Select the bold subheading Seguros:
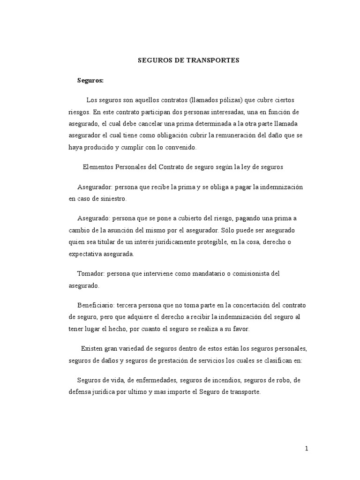[90, 81]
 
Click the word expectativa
[87, 254]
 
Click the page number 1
[307, 449]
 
